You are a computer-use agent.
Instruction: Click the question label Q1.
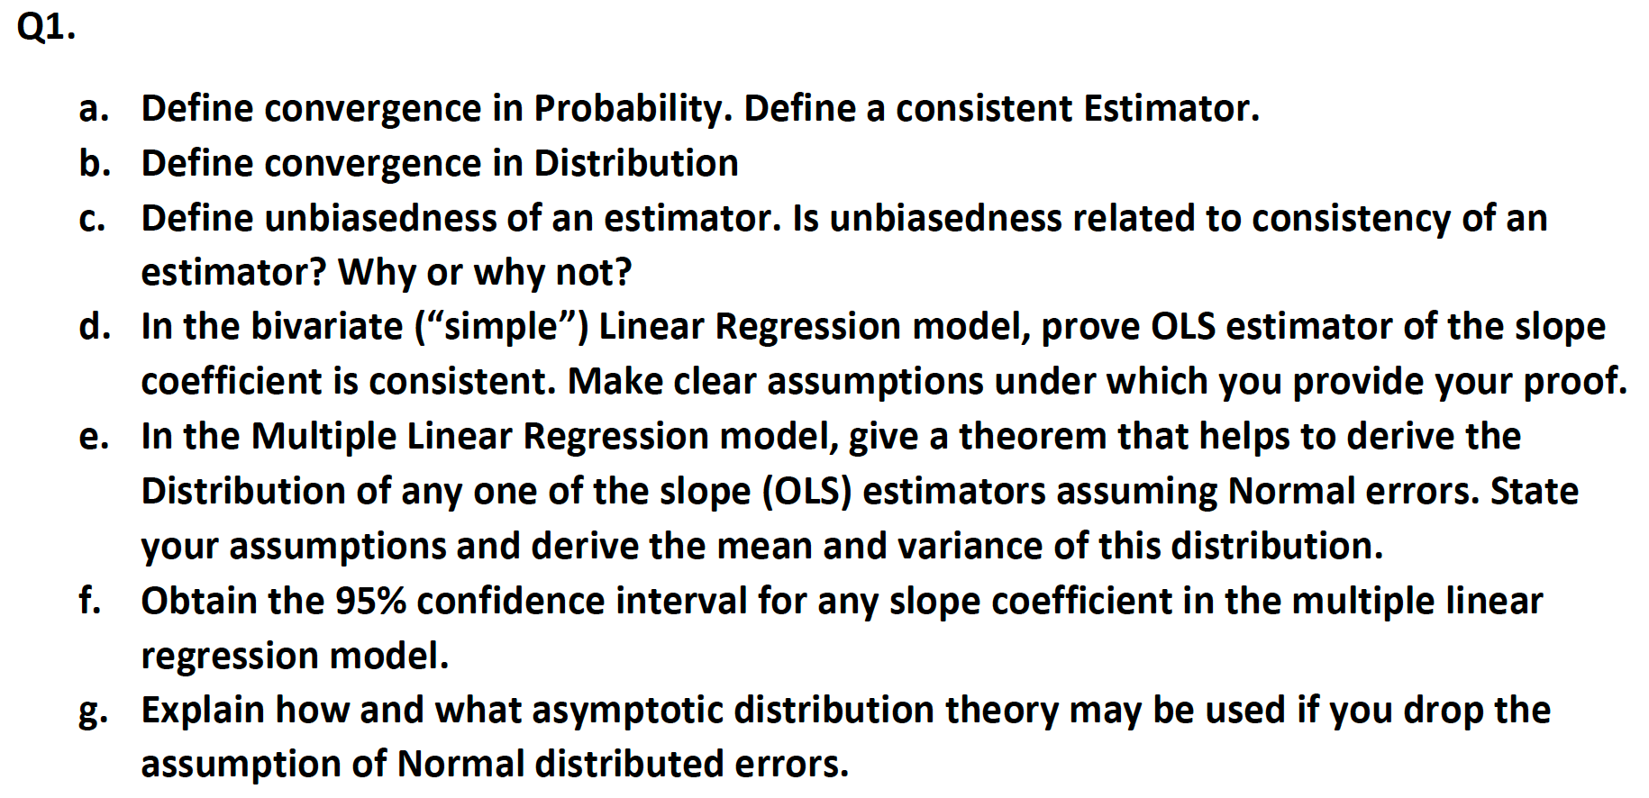click(46, 27)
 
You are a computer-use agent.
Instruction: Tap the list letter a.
click(93, 109)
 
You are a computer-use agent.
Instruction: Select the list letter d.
click(94, 326)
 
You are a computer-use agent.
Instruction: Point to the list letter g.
click(93, 712)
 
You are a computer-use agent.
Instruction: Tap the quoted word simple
click(502, 326)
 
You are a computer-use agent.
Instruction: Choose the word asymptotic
click(627, 711)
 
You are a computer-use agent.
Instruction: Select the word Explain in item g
click(203, 711)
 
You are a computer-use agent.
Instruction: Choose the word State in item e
click(1534, 491)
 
